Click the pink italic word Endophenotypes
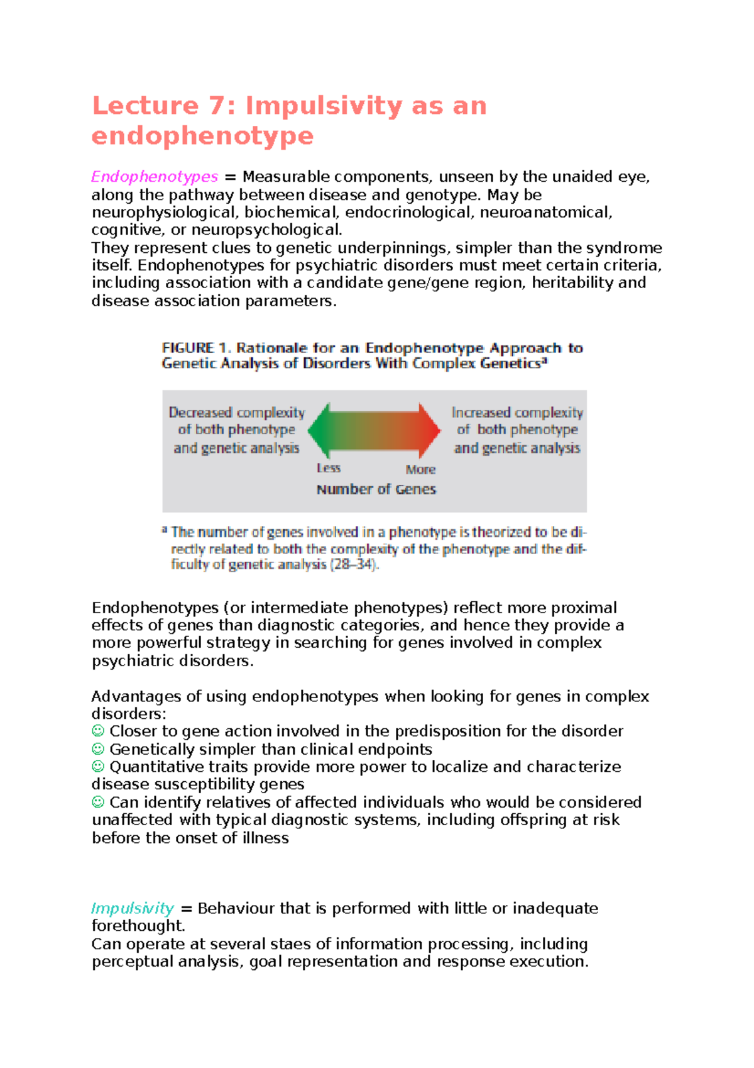point(155,177)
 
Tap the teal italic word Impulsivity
point(132,908)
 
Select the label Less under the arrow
point(329,468)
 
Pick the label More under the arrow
point(420,469)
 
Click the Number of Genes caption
point(376,489)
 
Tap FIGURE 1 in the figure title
point(197,348)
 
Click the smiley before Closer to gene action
point(98,731)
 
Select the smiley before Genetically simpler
point(98,749)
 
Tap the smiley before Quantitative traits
point(98,767)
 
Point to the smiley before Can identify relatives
point(98,802)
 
